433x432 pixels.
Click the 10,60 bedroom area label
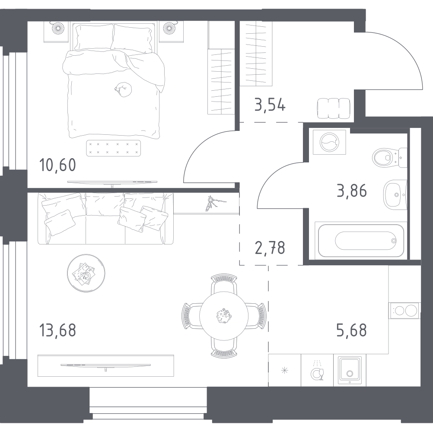click(57, 165)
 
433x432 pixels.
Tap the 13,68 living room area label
click(57, 330)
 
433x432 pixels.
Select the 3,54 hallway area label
click(270, 105)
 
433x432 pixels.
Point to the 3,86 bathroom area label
click(351, 191)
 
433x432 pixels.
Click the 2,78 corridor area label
click(270, 248)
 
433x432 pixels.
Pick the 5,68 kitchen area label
click(351, 330)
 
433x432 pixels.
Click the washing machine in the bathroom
click(330, 141)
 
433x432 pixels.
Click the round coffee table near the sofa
click(86, 273)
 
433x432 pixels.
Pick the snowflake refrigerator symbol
click(284, 370)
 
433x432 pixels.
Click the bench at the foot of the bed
click(114, 148)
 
